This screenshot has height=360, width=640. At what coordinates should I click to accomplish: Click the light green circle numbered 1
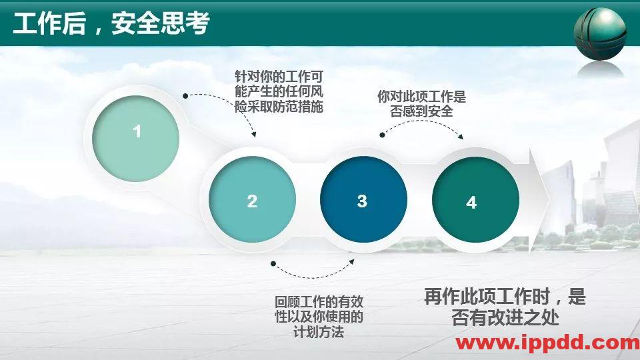pos(137,139)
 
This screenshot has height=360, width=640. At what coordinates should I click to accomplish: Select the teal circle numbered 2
pos(252,201)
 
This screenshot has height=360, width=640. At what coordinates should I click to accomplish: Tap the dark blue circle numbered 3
pos(363,201)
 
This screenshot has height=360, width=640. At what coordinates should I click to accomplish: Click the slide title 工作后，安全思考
pos(111,24)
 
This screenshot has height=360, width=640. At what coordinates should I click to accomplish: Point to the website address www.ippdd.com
pos(547,343)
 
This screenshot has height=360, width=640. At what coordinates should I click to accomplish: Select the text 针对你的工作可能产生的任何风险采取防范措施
pos(279,91)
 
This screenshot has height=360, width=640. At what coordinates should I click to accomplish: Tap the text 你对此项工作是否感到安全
pos(421,104)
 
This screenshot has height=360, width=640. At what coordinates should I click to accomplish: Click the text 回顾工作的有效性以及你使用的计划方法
pos(319,317)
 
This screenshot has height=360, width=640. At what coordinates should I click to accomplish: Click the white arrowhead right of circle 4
pos(539,200)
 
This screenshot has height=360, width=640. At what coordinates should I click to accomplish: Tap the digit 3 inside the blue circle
pos(362,201)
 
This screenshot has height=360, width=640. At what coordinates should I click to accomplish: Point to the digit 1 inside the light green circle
pos(137,132)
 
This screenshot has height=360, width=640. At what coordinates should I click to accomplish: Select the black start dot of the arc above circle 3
pos(383,135)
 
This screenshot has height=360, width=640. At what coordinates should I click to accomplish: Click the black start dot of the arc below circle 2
pos(272,265)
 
